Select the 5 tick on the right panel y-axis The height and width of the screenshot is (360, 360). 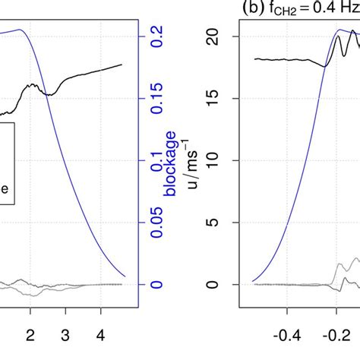[213, 223]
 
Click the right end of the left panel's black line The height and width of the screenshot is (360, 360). [122, 65]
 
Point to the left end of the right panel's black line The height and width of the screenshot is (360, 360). [254, 58]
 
